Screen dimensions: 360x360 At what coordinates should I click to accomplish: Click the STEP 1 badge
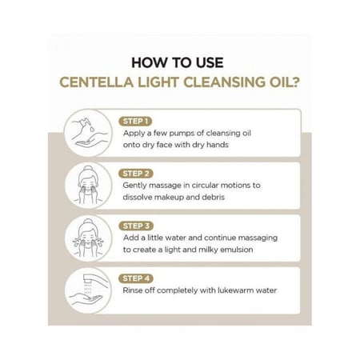click(135, 122)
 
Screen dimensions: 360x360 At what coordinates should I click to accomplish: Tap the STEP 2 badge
click(136, 174)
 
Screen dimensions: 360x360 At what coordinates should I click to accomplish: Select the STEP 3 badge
click(136, 226)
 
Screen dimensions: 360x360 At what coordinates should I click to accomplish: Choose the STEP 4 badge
click(136, 278)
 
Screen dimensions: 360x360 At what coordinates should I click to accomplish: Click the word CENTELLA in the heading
click(96, 82)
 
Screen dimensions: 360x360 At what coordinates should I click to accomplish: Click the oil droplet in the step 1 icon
click(92, 129)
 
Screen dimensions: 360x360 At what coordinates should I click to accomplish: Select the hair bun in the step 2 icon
click(88, 169)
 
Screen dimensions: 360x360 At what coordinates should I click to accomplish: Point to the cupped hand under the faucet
click(86, 298)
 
